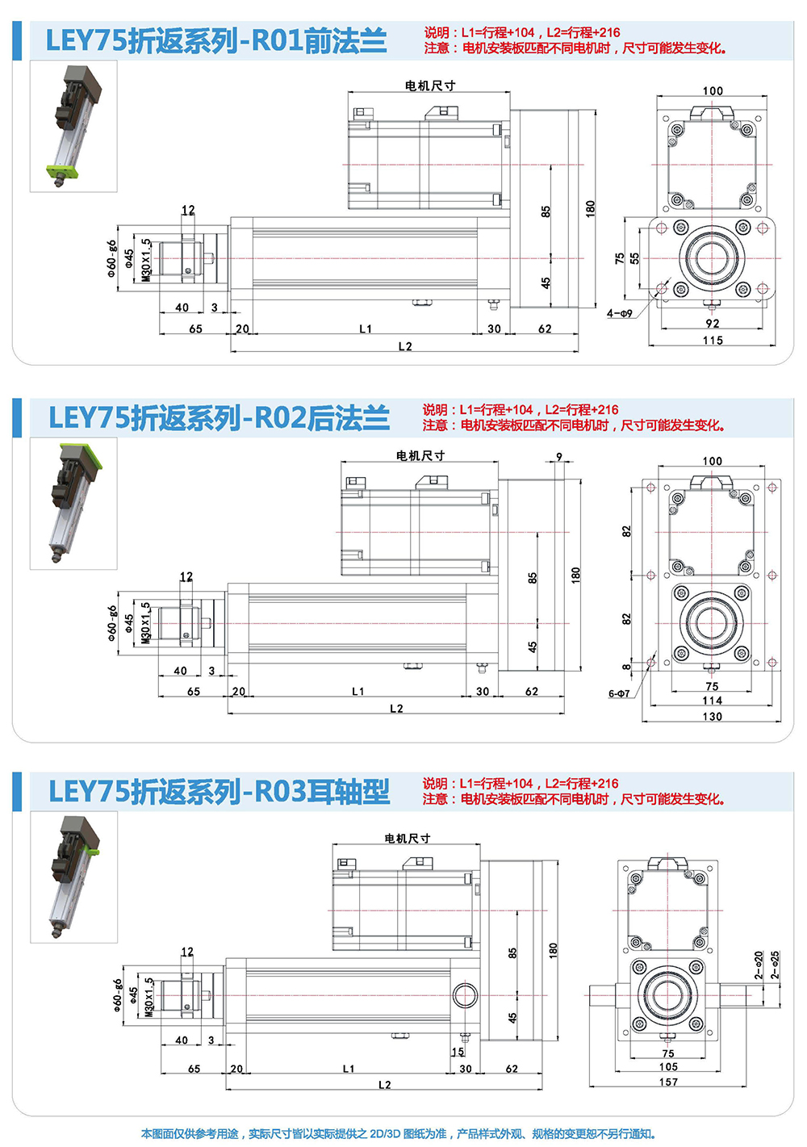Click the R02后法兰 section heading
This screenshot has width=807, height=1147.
(x=219, y=417)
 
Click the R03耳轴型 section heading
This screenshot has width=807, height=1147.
(x=219, y=791)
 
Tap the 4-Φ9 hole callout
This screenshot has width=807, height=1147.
(x=620, y=313)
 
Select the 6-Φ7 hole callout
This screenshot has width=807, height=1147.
(x=618, y=693)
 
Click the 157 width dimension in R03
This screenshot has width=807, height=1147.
(x=668, y=1082)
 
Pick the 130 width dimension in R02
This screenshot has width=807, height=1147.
(x=713, y=716)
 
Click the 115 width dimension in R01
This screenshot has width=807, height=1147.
(x=713, y=340)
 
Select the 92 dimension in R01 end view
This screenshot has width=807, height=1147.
(x=713, y=323)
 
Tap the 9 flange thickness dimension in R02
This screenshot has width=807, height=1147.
(x=559, y=456)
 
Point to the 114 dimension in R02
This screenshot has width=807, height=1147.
(x=713, y=700)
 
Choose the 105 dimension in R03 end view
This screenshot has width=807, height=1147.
(x=668, y=1066)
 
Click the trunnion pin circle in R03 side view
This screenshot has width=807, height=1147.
(x=465, y=996)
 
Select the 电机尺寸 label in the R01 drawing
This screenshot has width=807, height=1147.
(x=429, y=86)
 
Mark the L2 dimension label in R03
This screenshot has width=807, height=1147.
(x=385, y=1084)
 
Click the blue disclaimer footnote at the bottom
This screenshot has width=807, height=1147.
(x=398, y=1133)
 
